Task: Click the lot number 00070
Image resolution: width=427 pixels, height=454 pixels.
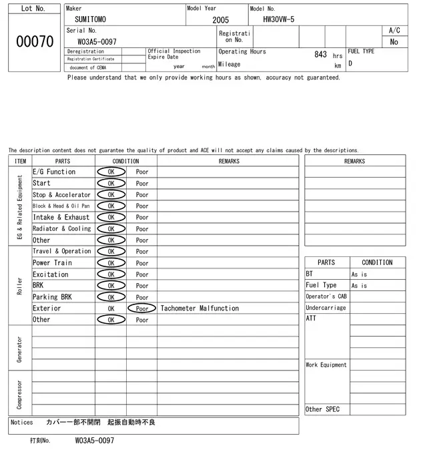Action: tap(34, 41)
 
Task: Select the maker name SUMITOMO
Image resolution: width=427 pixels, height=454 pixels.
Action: tap(90, 20)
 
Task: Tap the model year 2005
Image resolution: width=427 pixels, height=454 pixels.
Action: tap(220, 20)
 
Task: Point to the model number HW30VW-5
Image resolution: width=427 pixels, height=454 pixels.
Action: tap(274, 20)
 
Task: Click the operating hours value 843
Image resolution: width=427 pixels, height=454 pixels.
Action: tap(320, 54)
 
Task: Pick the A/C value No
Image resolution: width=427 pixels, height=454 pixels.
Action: tap(394, 41)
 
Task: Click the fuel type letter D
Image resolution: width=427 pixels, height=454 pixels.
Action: tap(350, 64)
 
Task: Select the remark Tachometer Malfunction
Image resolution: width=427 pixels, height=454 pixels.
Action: tap(199, 308)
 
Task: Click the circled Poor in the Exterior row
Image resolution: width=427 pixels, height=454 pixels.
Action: tap(142, 308)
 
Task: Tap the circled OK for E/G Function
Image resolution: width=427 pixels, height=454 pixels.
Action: tap(111, 172)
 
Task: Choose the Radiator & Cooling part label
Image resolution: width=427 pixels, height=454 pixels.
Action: tap(61, 228)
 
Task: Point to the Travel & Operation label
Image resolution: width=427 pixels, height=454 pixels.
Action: tap(61, 251)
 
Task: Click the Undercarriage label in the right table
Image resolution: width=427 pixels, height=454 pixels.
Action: tap(326, 308)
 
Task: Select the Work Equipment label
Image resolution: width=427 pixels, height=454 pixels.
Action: tap(326, 365)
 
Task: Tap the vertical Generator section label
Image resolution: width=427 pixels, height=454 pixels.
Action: tap(19, 348)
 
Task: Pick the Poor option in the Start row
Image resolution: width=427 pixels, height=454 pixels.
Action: tap(142, 183)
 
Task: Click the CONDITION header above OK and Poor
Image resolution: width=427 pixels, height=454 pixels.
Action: tap(125, 161)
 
